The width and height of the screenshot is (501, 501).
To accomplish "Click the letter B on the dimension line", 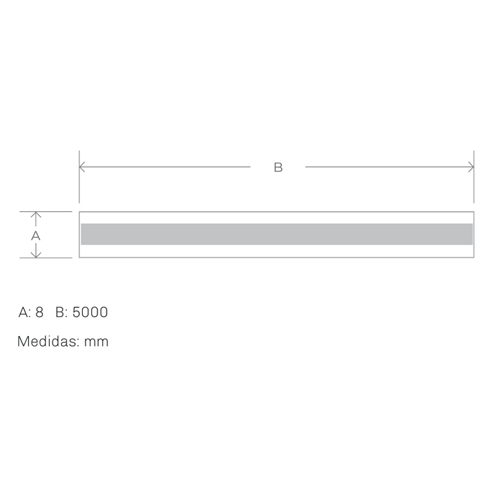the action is (278, 167).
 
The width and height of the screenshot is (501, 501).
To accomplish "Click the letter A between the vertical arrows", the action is (36, 236).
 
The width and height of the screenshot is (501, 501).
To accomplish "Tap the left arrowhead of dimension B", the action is (82, 167).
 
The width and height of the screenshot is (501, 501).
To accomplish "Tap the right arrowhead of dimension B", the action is (471, 167).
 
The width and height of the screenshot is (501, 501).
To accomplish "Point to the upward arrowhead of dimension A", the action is (36, 215).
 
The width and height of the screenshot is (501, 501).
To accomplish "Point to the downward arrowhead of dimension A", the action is (36, 255).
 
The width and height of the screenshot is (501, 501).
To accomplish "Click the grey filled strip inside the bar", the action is (276, 234).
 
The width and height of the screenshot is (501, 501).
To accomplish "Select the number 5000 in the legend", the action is (90, 312).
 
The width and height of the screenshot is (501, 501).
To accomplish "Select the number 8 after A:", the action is (39, 312).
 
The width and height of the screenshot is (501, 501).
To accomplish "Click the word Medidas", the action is (48, 341).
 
